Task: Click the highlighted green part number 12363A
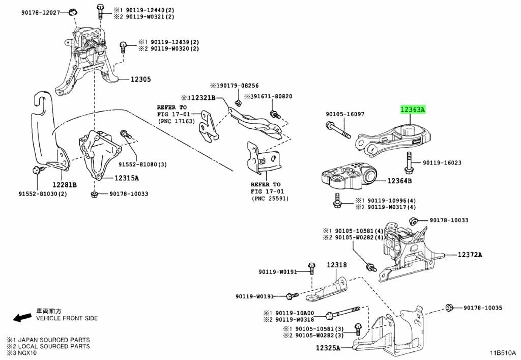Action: (x=413, y=109)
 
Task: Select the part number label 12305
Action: (x=140, y=79)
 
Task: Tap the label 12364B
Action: (x=400, y=181)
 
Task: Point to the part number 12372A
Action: (x=470, y=255)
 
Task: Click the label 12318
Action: (x=337, y=265)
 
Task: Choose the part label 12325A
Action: (x=328, y=348)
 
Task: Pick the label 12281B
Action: (x=65, y=184)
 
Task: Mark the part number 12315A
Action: (x=127, y=178)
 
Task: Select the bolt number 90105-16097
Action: (x=345, y=114)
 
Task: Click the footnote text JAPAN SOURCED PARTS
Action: (x=54, y=340)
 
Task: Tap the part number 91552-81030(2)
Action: (x=43, y=193)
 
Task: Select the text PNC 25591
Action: (x=270, y=199)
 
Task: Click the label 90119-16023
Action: (x=442, y=162)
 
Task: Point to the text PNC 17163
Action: (x=176, y=121)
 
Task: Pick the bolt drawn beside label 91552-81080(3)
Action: (x=125, y=134)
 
